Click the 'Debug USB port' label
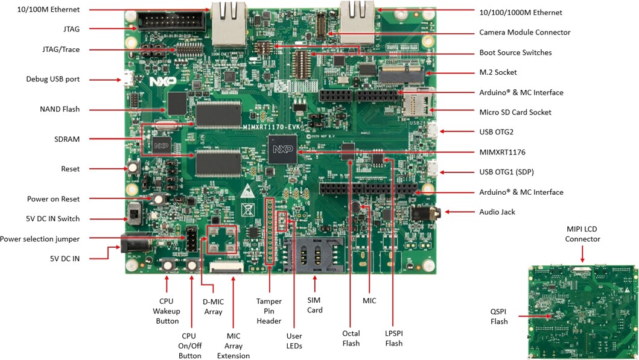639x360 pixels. click(52, 79)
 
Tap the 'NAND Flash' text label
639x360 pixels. click(59, 109)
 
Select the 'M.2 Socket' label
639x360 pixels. click(498, 72)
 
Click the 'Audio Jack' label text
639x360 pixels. click(497, 212)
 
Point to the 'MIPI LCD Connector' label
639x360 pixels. click(582, 234)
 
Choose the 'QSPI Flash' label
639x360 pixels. click(498, 317)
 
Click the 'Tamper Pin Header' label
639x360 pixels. click(269, 311)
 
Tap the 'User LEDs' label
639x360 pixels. click(294, 341)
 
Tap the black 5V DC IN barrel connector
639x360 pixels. click(129, 244)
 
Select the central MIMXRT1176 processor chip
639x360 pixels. click(282, 148)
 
